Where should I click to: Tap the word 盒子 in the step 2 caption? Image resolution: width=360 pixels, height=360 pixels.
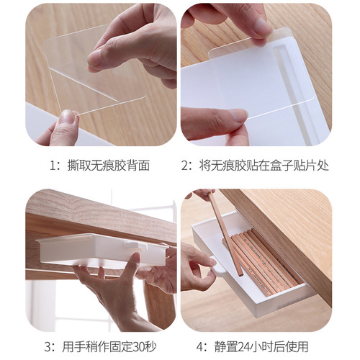pyautogui.click(x=289, y=166)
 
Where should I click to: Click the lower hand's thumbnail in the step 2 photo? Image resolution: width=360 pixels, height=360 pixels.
pyautogui.click(x=238, y=115)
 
